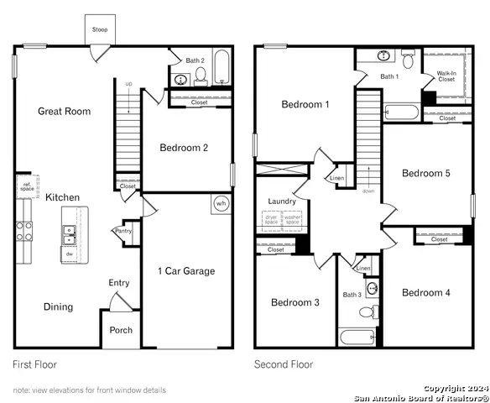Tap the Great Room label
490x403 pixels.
pyautogui.click(x=65, y=111)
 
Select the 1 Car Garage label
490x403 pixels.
pyautogui.click(x=186, y=271)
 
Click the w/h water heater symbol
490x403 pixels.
pyautogui.click(x=221, y=203)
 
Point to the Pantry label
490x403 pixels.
pyautogui.click(x=122, y=231)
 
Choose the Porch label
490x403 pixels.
pyautogui.click(x=121, y=330)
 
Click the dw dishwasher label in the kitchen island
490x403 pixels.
pyautogui.click(x=70, y=254)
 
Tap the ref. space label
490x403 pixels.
pyautogui.click(x=27, y=187)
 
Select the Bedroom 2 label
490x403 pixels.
pyautogui.click(x=184, y=148)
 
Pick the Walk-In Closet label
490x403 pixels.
pyautogui.click(x=447, y=77)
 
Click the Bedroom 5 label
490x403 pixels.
pyautogui.click(x=426, y=174)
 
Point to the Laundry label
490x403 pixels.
pyautogui.click(x=282, y=201)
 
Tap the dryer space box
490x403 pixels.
pyautogui.click(x=271, y=221)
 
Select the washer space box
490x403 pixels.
pyautogui.click(x=292, y=221)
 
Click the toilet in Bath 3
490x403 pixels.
pyautogui.click(x=367, y=311)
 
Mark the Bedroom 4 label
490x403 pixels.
pyautogui.click(x=426, y=293)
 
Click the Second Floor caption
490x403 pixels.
pyautogui.click(x=284, y=364)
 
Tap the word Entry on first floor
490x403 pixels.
pyautogui.click(x=119, y=283)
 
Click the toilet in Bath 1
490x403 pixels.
pyautogui.click(x=409, y=59)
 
